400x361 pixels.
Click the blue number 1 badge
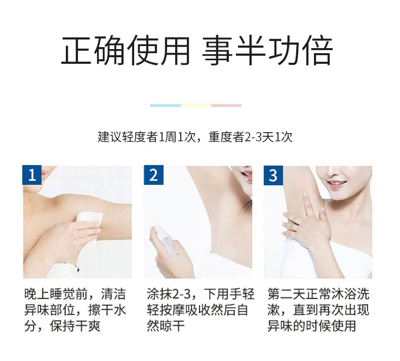point(32,175)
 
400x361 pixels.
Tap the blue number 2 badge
point(153,175)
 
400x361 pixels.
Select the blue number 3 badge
point(273,175)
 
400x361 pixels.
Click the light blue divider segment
point(166,105)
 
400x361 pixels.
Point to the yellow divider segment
point(196,105)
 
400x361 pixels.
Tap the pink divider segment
point(226,105)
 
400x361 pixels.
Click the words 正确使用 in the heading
point(126,51)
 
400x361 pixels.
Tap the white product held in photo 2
point(165,238)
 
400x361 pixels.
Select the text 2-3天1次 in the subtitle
point(268,137)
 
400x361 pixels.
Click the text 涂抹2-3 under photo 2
point(169,294)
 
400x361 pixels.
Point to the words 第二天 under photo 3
point(287,294)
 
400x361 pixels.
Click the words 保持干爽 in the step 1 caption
point(75,326)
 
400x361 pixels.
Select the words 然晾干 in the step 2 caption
point(166,326)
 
